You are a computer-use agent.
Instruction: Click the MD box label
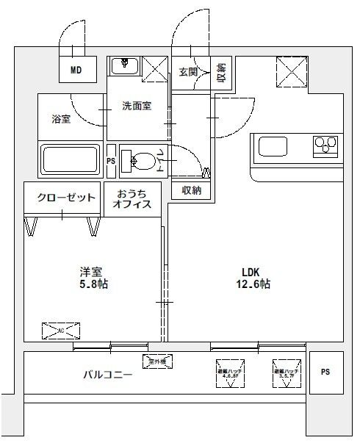pos(76,71)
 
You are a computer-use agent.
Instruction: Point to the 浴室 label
pos(61,119)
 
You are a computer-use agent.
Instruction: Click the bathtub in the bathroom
pos(70,159)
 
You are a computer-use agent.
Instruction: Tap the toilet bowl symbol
pos(141,159)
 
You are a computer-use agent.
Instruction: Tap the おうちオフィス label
pos(132,200)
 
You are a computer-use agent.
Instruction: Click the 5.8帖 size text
pos(93,284)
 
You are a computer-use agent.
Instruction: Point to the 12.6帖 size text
pos(253,284)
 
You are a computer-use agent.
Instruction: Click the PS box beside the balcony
pos(325,372)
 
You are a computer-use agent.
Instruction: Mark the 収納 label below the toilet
pos(192,190)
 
